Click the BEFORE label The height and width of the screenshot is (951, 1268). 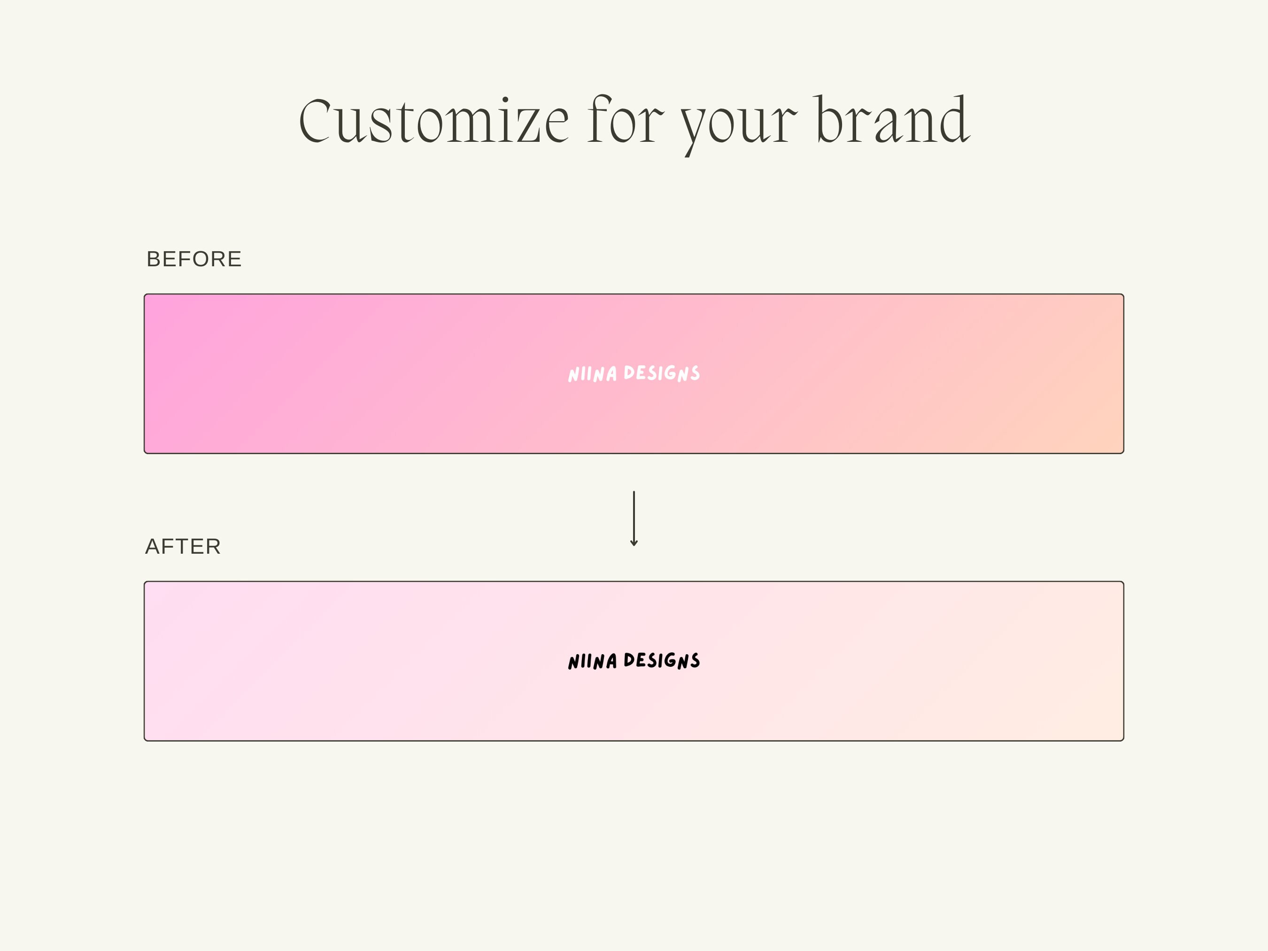[194, 259]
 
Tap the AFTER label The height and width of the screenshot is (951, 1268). [183, 546]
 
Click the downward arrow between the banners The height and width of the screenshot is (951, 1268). [634, 518]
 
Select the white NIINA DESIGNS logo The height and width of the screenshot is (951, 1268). [634, 374]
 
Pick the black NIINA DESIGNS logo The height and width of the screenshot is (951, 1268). [634, 661]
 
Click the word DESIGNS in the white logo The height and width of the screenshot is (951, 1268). [662, 373]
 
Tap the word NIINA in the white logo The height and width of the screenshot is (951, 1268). [592, 374]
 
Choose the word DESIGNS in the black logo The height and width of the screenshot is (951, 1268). [662, 660]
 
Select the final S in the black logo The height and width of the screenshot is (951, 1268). [695, 660]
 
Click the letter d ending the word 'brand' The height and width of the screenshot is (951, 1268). [953, 119]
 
